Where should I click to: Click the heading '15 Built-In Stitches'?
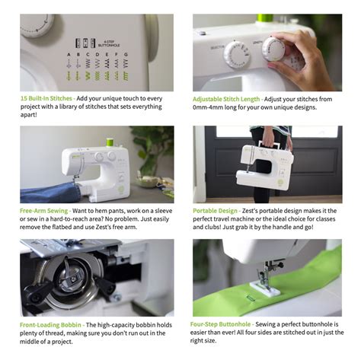point(46,98)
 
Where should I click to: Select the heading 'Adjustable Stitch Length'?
point(226,99)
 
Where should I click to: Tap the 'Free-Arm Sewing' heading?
point(43,211)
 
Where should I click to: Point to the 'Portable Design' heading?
point(215,211)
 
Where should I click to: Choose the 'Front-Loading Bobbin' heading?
point(50,325)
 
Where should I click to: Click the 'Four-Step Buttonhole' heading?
point(220,324)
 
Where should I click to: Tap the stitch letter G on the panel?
point(126,54)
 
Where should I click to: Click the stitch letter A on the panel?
point(69,54)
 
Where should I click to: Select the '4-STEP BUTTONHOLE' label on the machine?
point(109,43)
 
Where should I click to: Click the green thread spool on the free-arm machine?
point(110,142)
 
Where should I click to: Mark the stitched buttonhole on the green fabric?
point(251,298)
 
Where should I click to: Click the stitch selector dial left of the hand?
point(237,55)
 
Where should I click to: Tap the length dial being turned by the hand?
point(273,49)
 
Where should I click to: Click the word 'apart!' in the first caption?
point(29,115)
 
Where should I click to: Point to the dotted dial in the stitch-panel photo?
point(37,25)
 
